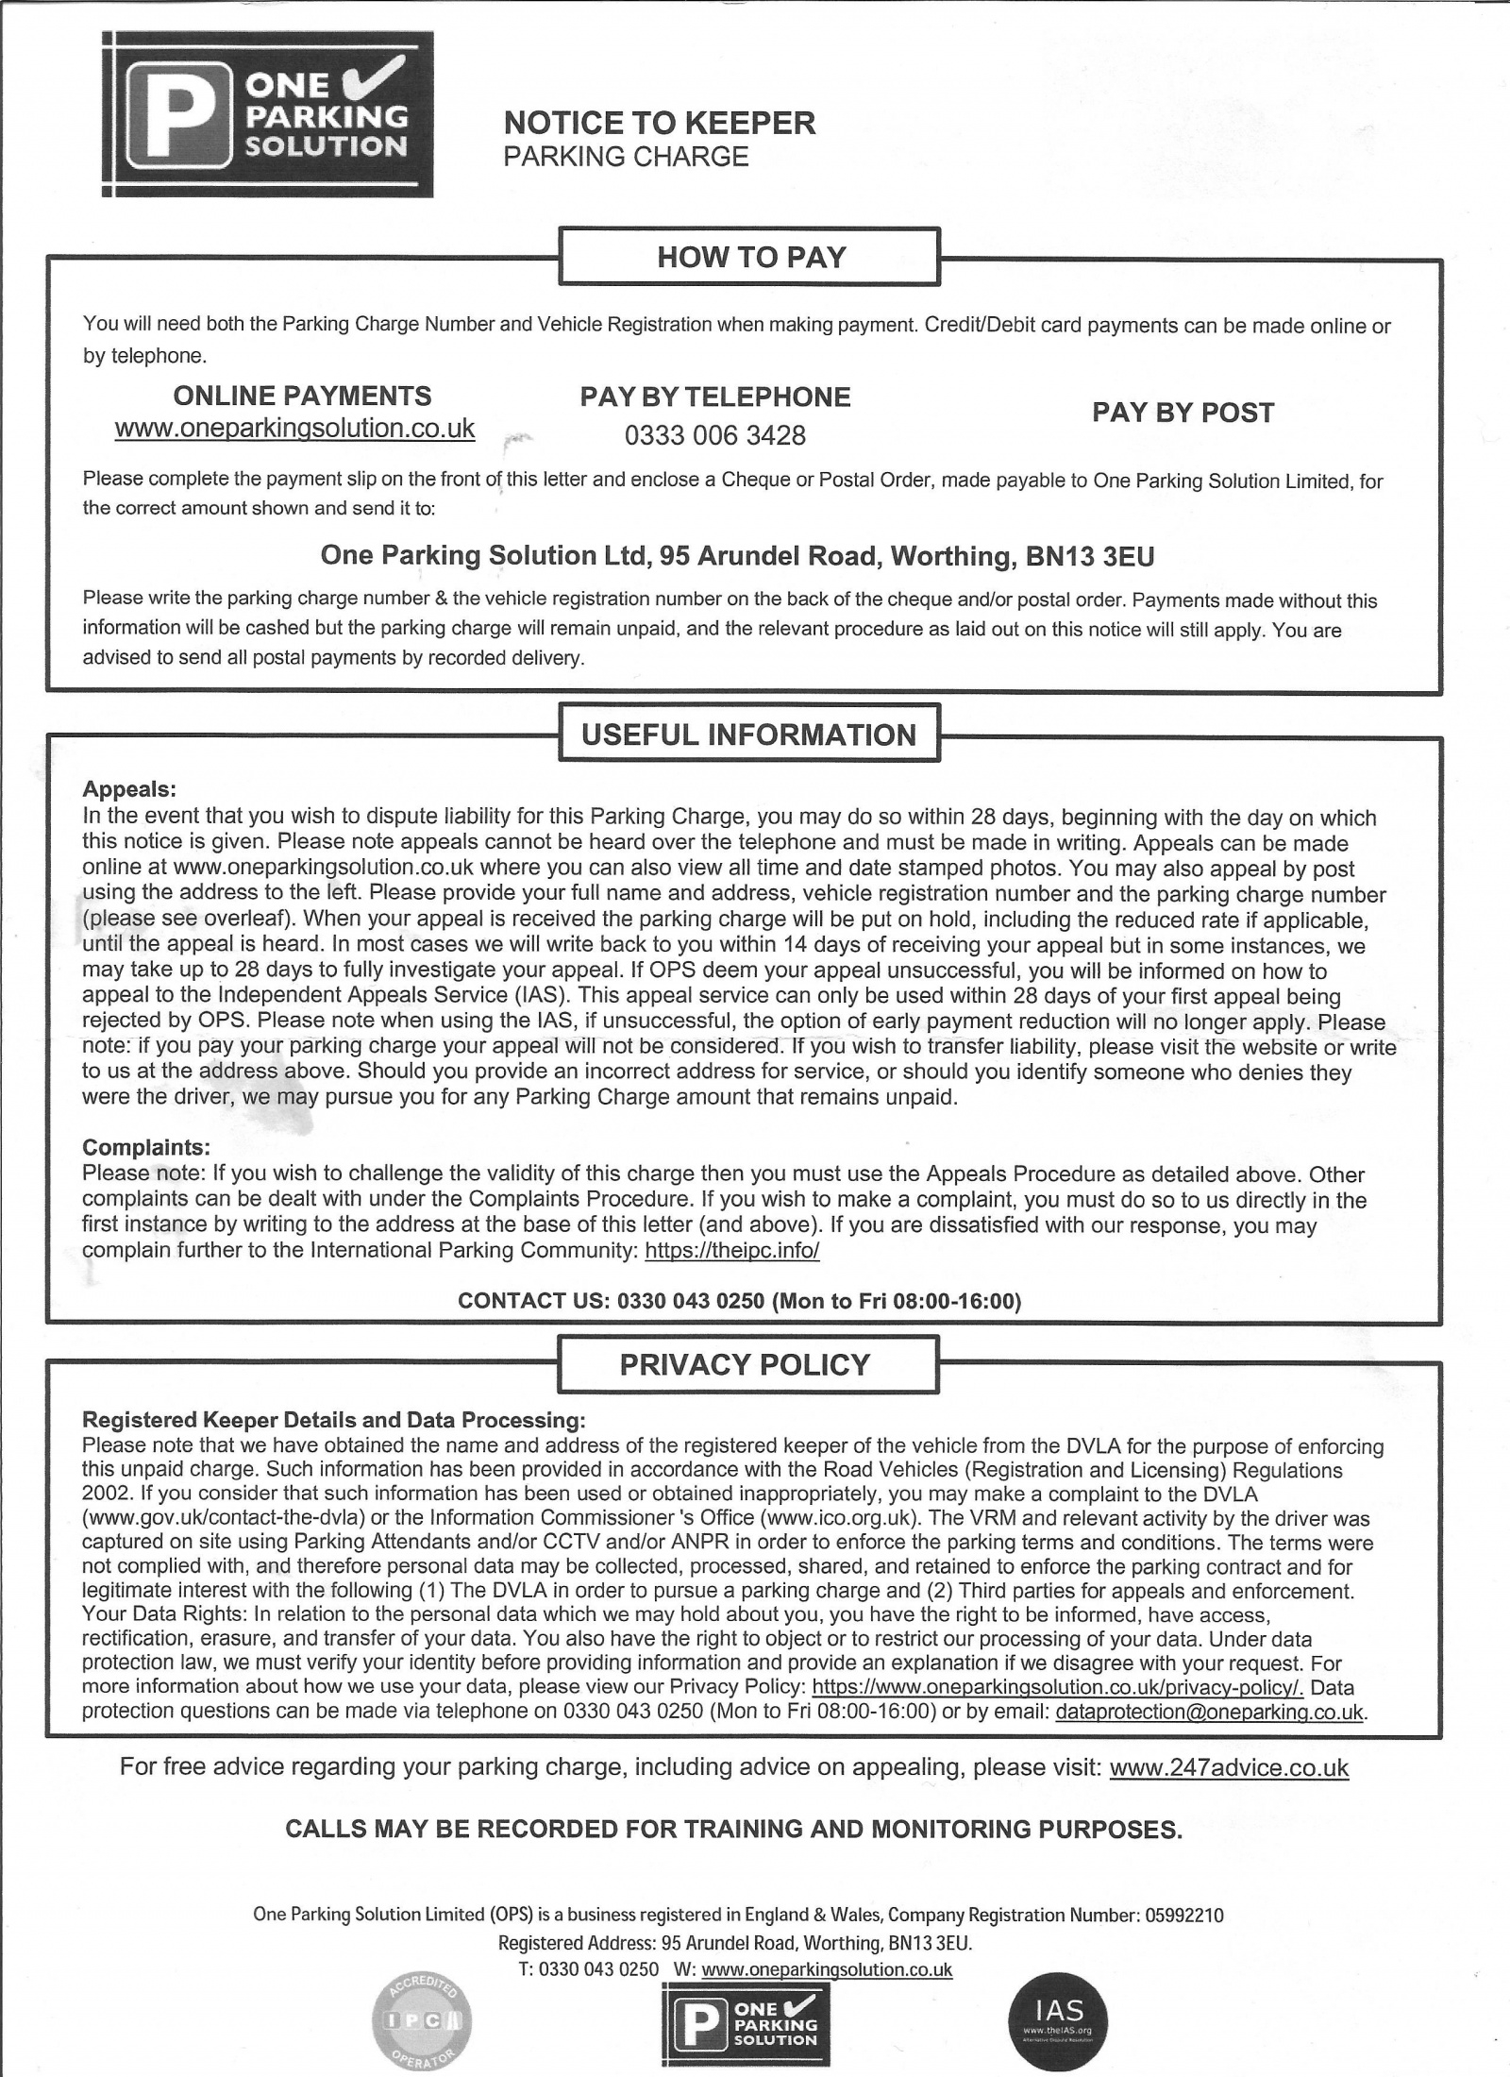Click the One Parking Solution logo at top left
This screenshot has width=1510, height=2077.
coord(267,114)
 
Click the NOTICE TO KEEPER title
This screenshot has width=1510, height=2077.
coord(660,123)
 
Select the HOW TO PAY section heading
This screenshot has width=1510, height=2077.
coord(750,257)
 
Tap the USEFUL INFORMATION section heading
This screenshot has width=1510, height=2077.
coord(748,734)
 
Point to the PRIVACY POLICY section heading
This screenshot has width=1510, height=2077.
coord(745,1364)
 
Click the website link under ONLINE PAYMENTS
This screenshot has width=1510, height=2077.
coord(294,429)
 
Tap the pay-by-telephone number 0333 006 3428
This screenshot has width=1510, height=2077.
coord(714,435)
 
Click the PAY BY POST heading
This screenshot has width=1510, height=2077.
coord(1183,413)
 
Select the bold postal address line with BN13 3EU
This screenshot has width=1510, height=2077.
coord(737,555)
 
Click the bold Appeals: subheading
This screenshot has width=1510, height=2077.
coord(129,788)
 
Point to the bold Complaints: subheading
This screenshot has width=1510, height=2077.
coord(145,1147)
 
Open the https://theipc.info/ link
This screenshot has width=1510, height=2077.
coord(731,1252)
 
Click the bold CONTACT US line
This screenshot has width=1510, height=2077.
coord(739,1301)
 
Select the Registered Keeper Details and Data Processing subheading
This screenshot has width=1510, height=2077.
coord(334,1420)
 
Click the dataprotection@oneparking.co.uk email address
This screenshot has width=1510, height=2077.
coord(1210,1712)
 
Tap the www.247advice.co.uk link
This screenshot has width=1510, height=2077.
coord(1229,1767)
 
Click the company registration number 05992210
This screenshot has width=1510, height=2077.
coord(1184,1916)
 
